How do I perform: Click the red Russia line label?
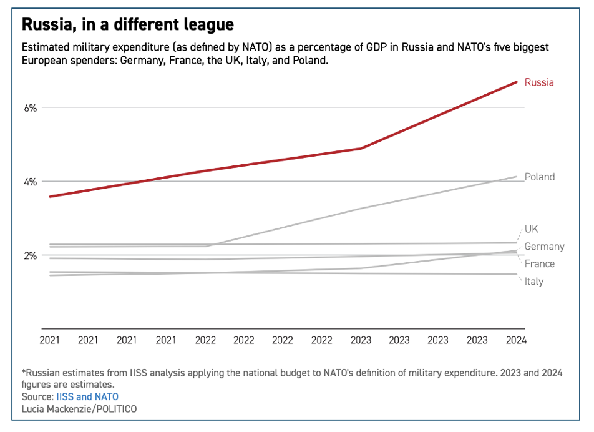point(539,82)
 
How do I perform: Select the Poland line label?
point(539,177)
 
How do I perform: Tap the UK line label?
point(532,229)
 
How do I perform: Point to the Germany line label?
point(544,247)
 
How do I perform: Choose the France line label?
point(539,263)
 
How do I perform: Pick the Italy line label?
point(533,282)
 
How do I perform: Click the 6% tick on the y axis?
point(31,107)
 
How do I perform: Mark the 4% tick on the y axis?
point(31,182)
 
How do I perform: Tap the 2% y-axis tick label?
point(31,256)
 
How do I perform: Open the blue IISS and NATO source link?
point(87,396)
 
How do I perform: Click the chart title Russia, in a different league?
point(128,24)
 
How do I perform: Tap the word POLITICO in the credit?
point(115,409)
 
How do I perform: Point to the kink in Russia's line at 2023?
point(361,149)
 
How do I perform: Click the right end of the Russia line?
point(517,82)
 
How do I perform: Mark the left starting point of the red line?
point(50,197)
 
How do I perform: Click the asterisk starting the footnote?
point(24,372)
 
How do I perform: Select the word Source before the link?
point(36,396)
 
